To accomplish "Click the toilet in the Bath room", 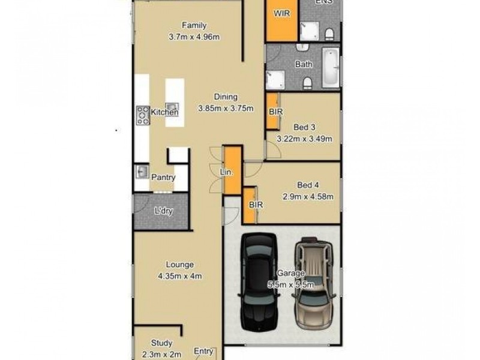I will click(307, 82).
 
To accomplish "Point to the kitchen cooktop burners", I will click(143, 115).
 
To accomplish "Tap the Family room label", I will click(194, 25).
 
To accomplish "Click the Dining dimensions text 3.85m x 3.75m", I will click(226, 109).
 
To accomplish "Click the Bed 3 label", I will click(304, 127).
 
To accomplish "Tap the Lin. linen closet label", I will click(226, 172).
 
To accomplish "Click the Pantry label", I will click(163, 178).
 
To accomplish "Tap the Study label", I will click(162, 343).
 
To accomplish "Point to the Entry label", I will click(203, 352).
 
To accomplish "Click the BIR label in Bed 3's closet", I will click(276, 112).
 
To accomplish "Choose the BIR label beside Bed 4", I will click(256, 205).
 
